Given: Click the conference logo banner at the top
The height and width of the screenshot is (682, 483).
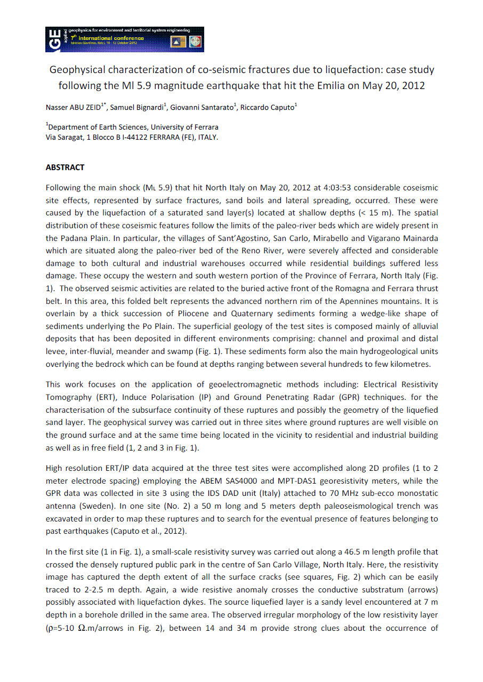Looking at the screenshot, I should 125,39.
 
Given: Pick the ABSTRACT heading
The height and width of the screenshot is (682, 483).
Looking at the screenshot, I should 65,167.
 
